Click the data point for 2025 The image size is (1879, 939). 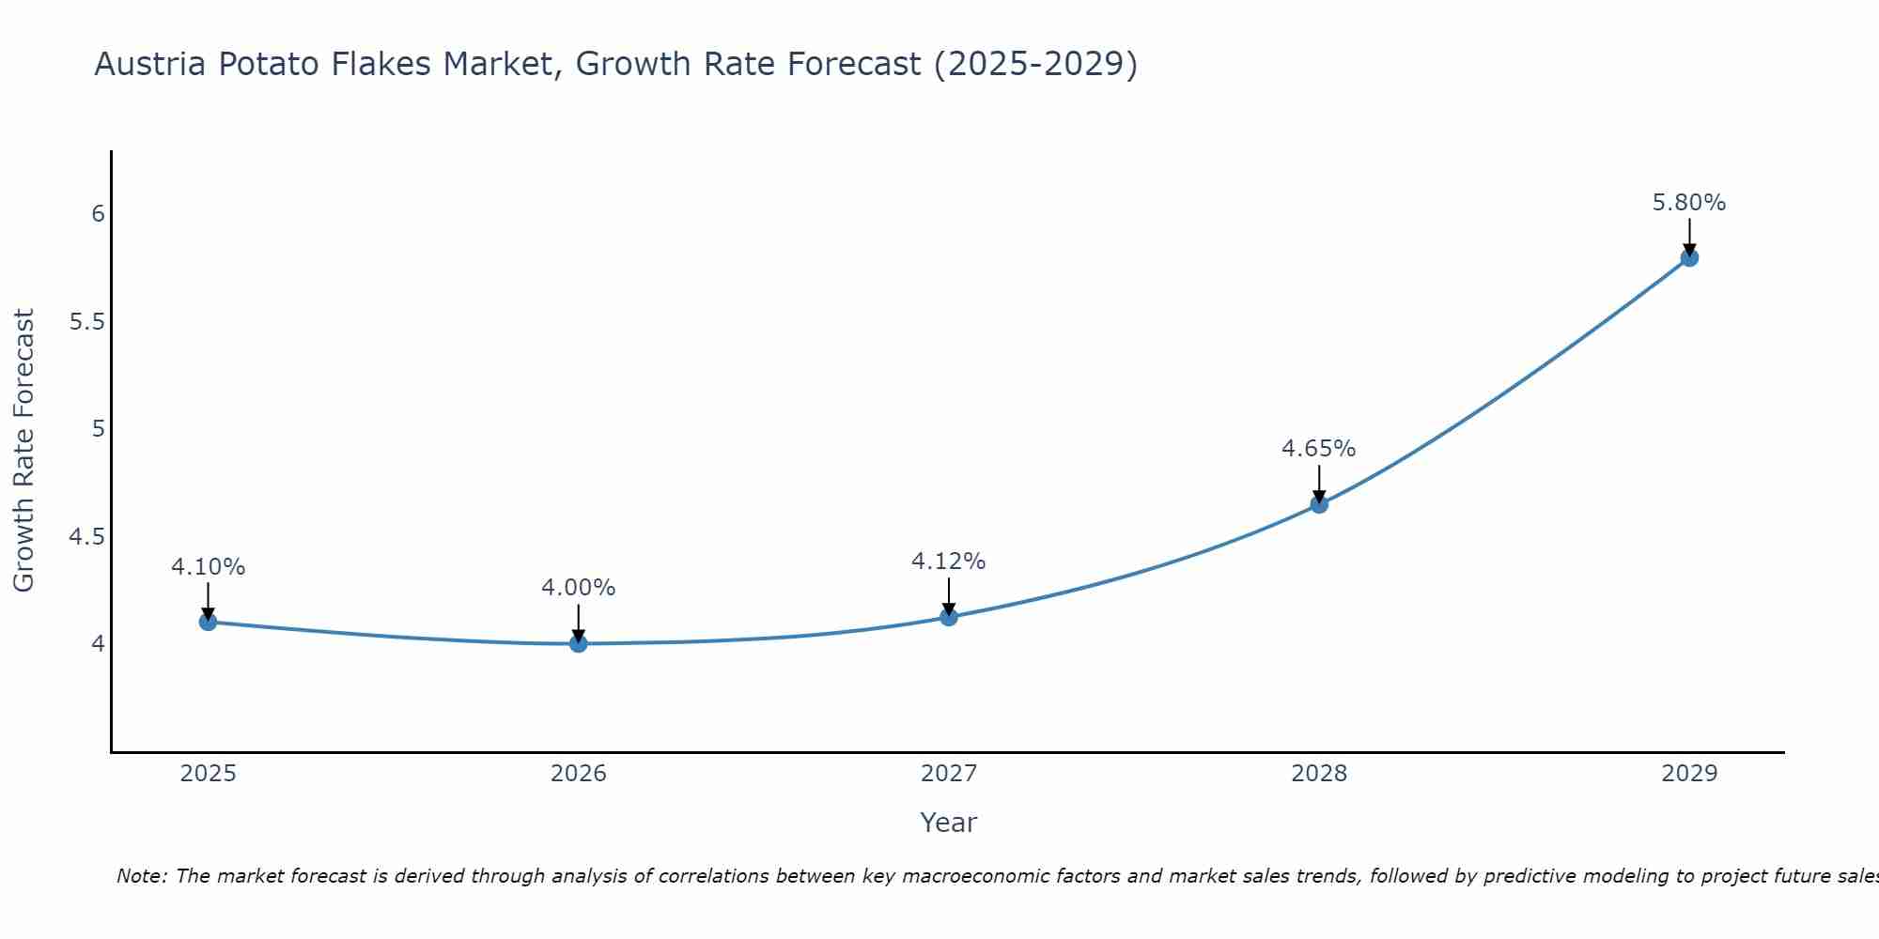(209, 622)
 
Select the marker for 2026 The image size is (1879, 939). (579, 643)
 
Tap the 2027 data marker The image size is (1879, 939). (949, 617)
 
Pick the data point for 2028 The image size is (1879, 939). (1319, 504)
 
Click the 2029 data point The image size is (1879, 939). (1689, 257)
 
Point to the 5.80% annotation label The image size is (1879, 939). (1689, 203)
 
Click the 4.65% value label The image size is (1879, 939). (1319, 449)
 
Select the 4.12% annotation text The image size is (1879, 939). (949, 562)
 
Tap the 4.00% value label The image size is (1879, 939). (579, 588)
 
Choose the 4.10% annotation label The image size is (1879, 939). (209, 567)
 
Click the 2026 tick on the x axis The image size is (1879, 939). (579, 774)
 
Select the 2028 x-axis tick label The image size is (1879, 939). (1319, 774)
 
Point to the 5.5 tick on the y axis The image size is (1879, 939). (86, 322)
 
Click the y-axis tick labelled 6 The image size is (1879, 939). (98, 214)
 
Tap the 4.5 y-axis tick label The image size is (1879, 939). (86, 537)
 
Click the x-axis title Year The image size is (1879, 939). (949, 823)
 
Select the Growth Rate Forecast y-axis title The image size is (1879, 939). (24, 451)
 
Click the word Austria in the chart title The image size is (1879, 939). (149, 64)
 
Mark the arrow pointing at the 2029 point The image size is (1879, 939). (1689, 237)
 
